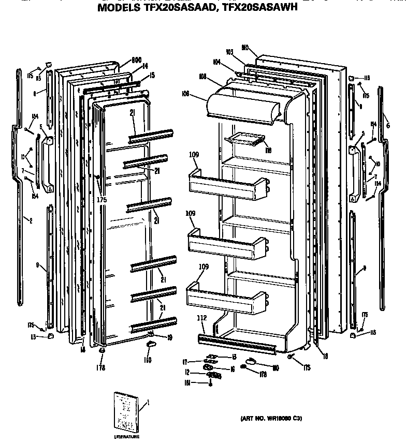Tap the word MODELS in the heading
(119, 8)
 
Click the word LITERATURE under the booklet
(127, 437)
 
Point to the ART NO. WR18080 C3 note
(271, 418)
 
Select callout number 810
(245, 47)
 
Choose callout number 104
(216, 62)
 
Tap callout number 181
(190, 383)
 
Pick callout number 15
(152, 76)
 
